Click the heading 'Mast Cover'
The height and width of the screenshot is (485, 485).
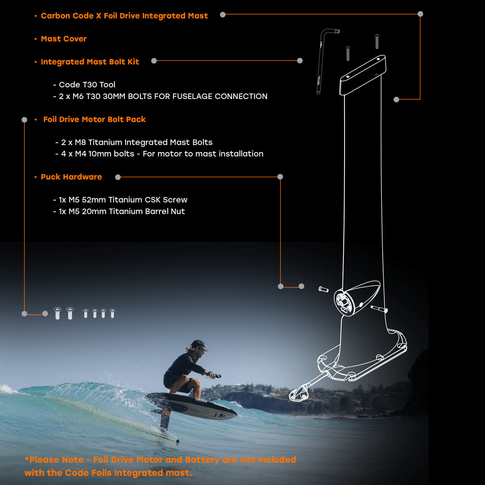coord(64,39)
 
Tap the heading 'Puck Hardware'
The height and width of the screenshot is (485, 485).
coord(71,177)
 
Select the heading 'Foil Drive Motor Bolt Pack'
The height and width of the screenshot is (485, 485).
coord(94,120)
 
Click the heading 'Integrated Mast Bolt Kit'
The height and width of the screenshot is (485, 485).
coord(90,62)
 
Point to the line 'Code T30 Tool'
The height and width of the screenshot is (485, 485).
coord(87,85)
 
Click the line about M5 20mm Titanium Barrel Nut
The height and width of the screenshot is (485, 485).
coord(121,211)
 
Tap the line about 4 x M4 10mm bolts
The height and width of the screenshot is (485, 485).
coord(162,154)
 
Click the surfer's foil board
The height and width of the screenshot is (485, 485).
coord(194,405)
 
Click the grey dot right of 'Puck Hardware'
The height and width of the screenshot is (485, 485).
coord(118,177)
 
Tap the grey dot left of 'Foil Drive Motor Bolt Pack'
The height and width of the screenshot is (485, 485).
coord(24,120)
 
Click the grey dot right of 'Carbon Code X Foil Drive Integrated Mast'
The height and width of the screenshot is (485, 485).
coord(223,15)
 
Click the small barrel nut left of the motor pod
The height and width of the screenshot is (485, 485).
coord(323,289)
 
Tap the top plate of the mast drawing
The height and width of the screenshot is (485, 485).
coord(363,74)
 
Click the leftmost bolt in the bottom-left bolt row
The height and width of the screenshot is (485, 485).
coord(57,313)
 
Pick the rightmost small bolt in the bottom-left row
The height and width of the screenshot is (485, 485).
coord(113,313)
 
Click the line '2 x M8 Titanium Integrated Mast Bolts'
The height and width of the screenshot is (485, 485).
coord(137,142)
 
